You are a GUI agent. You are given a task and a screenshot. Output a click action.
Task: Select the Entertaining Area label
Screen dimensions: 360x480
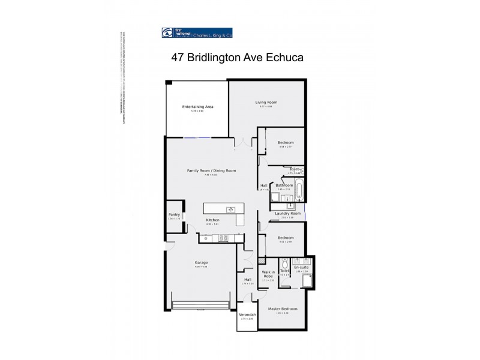click(x=197, y=107)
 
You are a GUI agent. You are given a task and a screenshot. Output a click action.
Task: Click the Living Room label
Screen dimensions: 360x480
click(x=266, y=102)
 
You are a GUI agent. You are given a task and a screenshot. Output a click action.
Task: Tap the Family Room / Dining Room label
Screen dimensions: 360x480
click(x=211, y=170)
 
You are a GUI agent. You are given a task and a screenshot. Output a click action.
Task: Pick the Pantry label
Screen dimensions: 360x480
click(x=174, y=214)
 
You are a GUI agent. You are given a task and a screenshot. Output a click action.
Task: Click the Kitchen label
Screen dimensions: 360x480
click(x=213, y=220)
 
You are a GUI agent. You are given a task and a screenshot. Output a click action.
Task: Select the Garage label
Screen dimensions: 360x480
click(x=200, y=262)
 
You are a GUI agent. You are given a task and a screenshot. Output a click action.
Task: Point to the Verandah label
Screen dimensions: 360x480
click(x=248, y=314)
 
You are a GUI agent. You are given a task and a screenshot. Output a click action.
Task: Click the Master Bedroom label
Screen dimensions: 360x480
click(x=282, y=308)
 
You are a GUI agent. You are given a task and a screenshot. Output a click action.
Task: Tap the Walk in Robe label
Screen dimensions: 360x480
click(x=268, y=274)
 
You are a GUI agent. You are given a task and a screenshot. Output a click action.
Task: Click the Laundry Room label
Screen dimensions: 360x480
click(x=287, y=214)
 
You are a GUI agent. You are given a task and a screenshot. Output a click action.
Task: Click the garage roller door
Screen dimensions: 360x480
click(x=200, y=305)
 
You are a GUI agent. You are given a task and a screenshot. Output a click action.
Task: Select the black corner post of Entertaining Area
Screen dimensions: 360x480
click(x=170, y=83)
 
